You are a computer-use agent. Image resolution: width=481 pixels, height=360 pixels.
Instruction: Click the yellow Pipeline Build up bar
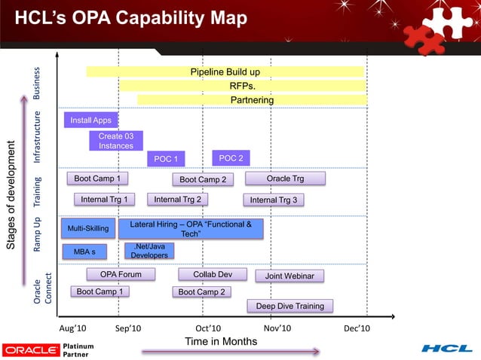tap(225, 72)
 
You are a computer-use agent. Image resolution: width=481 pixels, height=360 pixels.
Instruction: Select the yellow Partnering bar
tap(252, 100)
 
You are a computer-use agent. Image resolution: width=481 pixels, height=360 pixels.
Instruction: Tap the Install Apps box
tap(90, 120)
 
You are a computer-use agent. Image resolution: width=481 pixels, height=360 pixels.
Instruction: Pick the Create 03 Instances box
tap(115, 141)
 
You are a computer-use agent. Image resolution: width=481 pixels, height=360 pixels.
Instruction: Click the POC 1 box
tap(165, 159)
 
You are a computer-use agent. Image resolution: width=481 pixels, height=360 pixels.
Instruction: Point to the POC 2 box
tap(230, 158)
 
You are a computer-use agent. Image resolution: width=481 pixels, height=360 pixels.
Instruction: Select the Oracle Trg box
tap(285, 178)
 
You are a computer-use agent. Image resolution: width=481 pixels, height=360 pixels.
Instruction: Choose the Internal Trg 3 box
tap(273, 200)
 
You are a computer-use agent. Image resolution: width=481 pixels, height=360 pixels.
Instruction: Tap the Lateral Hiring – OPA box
tap(191, 229)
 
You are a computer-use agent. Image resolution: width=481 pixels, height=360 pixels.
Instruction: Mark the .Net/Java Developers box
tap(149, 251)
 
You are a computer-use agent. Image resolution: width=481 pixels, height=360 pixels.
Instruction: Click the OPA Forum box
tap(121, 274)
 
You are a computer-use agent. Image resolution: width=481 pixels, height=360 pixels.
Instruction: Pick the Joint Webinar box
tap(290, 276)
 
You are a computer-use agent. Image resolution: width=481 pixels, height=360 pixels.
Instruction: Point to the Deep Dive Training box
tap(290, 306)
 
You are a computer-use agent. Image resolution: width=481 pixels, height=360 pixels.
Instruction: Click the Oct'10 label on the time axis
tap(208, 329)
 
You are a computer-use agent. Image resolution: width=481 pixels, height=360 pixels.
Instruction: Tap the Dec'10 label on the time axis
tap(357, 329)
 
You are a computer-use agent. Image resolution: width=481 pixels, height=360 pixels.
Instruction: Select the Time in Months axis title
tap(221, 342)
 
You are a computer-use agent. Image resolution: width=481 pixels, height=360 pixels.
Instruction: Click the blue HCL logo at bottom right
tap(446, 348)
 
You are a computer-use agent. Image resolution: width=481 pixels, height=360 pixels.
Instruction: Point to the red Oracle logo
tap(30, 349)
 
